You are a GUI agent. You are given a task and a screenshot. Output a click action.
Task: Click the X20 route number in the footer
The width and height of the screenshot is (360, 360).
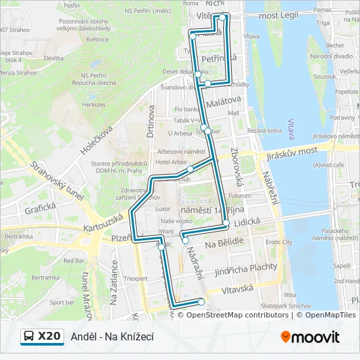[x=49, y=336]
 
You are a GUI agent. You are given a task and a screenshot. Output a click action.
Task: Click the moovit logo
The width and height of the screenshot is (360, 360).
[x=310, y=337]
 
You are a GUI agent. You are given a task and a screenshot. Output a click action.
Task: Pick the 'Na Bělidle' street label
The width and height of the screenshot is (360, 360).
[x=223, y=242]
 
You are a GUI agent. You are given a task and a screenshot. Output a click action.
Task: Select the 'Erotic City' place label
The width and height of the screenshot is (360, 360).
[x=279, y=242]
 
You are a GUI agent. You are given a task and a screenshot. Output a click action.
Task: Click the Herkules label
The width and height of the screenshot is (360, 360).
[x=94, y=105]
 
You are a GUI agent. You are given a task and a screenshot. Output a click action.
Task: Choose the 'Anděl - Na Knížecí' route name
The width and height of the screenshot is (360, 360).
[x=113, y=336]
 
